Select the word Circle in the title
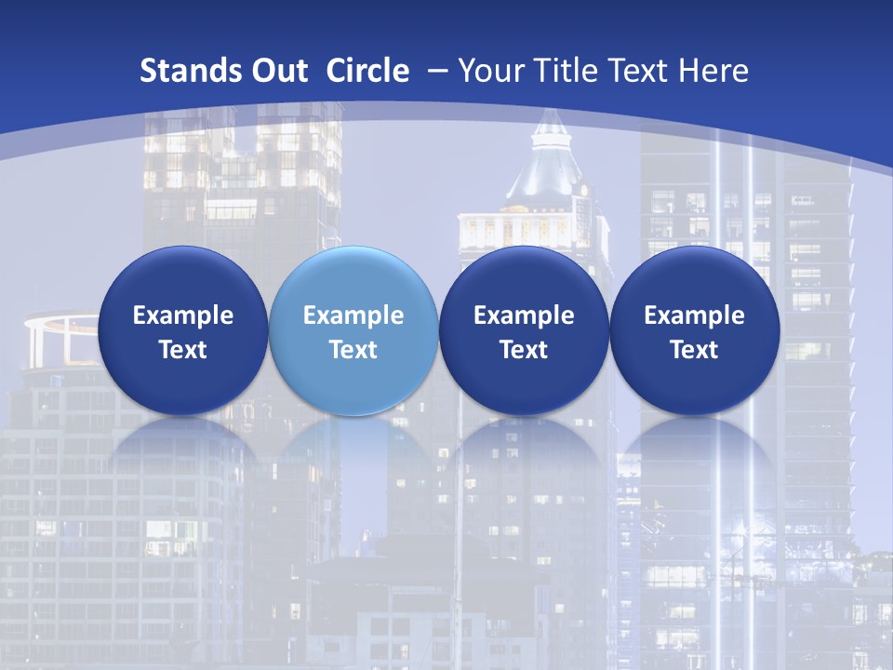[367, 71]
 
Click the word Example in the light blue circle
[353, 315]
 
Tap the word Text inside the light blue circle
[353, 350]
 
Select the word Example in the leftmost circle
[182, 315]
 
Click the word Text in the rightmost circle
[695, 350]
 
